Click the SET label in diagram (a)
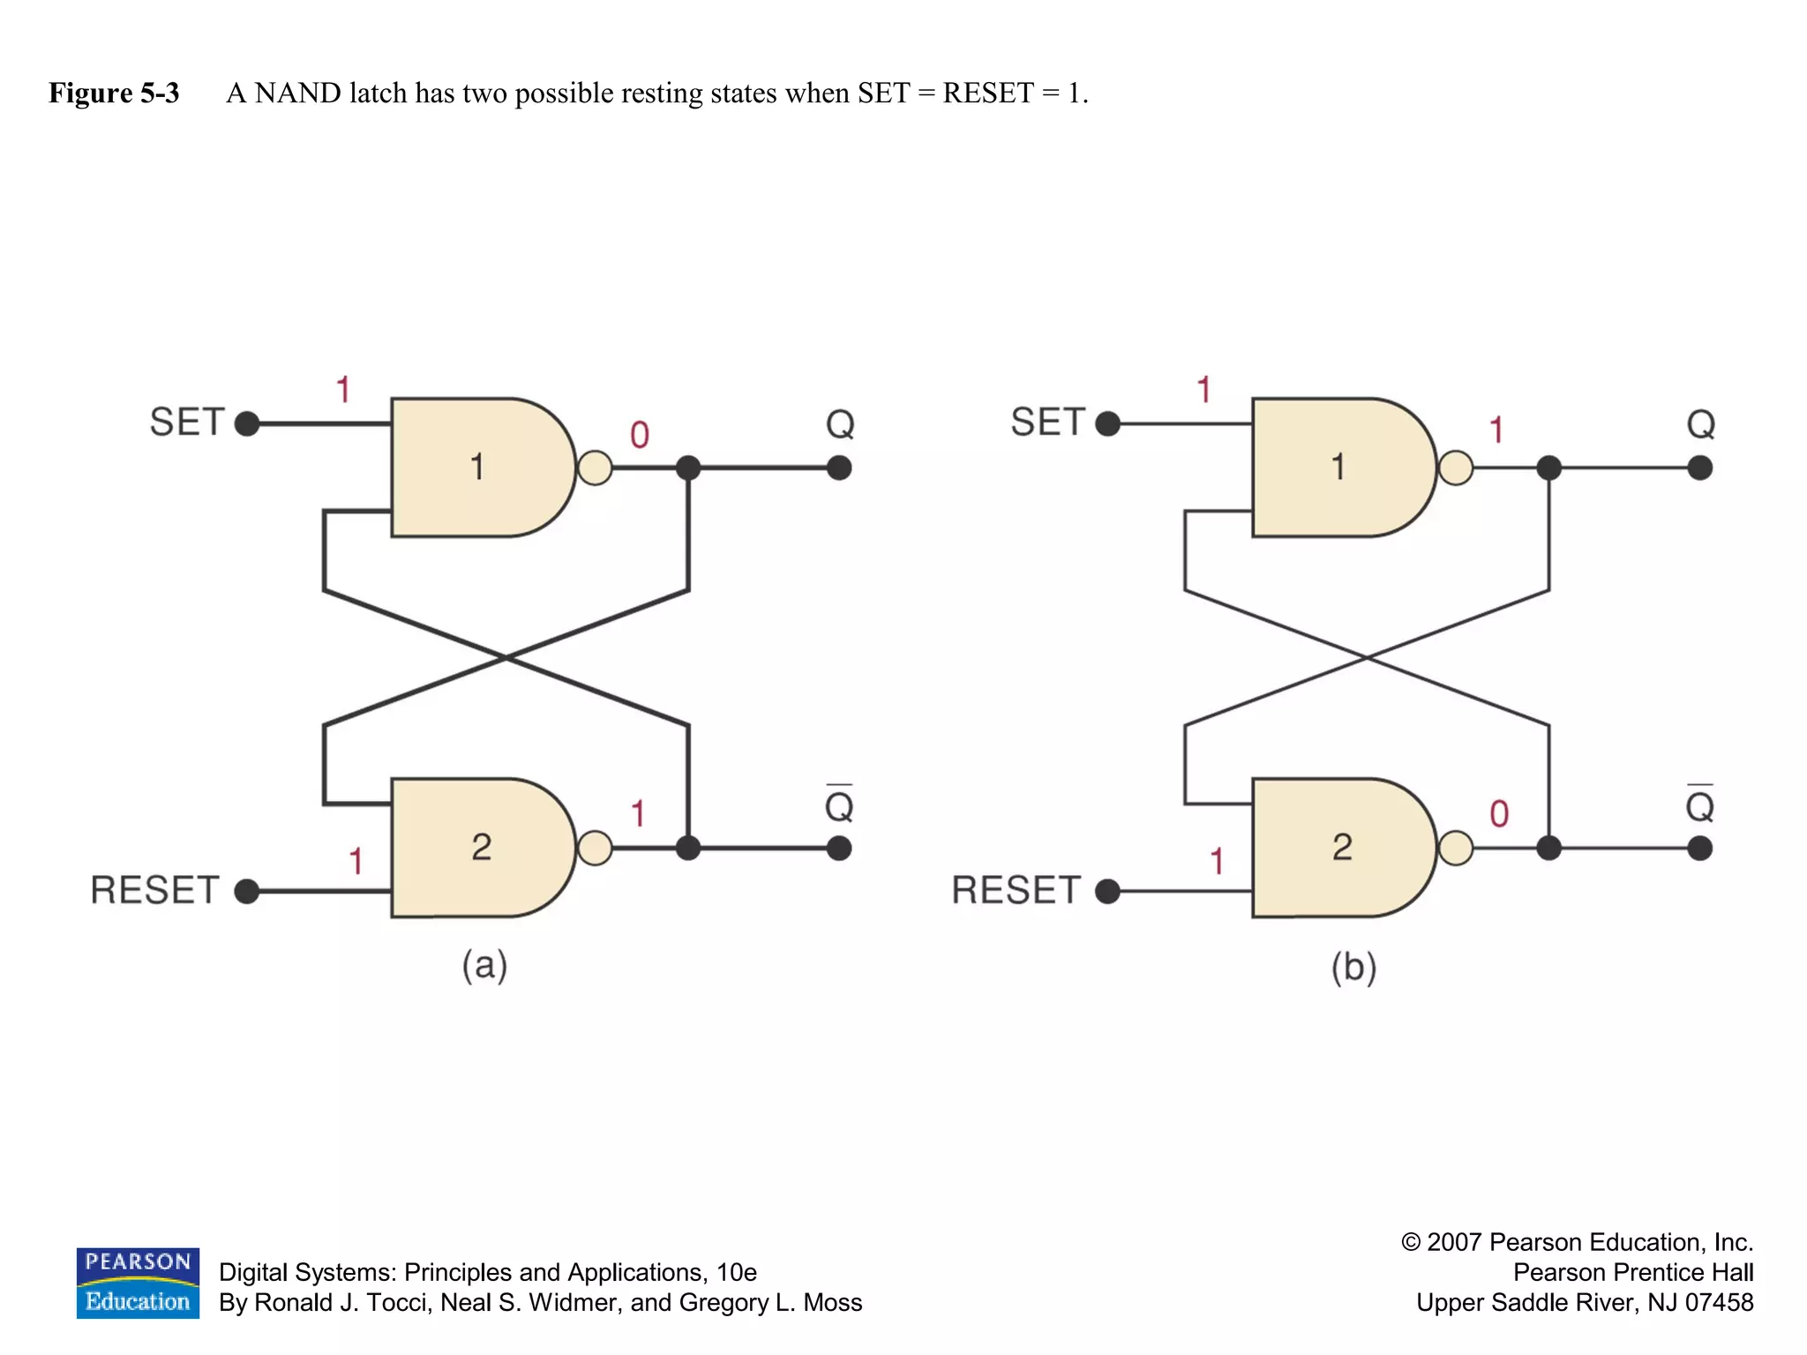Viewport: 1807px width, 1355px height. tap(187, 422)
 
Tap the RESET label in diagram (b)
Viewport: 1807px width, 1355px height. tap(1016, 890)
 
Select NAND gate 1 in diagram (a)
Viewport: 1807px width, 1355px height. tap(477, 467)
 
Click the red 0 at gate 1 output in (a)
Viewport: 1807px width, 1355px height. tap(640, 435)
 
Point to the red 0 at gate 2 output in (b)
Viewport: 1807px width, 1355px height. tap(1499, 813)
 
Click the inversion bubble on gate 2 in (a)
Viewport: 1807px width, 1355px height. tap(595, 848)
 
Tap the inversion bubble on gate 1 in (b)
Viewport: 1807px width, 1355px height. tap(1456, 468)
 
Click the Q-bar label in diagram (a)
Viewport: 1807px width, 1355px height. tap(839, 804)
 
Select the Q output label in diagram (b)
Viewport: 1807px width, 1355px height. tap(1700, 424)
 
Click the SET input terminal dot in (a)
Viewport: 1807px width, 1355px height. tap(247, 423)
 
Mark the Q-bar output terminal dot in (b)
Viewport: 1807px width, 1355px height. tap(1699, 849)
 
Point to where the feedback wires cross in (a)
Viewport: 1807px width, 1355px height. tap(506, 657)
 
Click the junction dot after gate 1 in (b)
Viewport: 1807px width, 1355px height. tap(1548, 468)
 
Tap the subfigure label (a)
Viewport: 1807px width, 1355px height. tap(484, 965)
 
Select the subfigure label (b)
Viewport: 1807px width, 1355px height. tap(1353, 967)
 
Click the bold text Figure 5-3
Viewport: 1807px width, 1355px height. tap(114, 93)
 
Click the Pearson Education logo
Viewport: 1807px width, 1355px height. tap(138, 1283)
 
